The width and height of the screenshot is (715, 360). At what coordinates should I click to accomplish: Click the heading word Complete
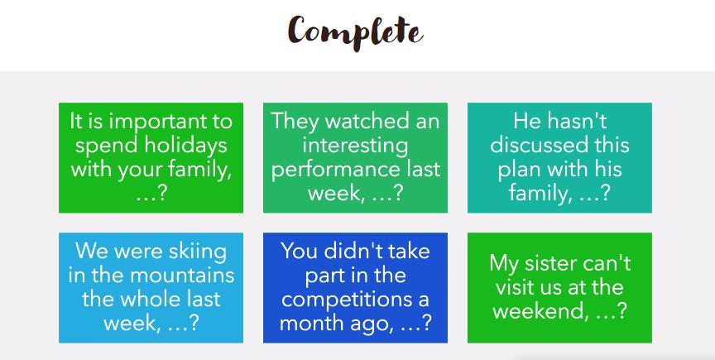[x=356, y=32]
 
